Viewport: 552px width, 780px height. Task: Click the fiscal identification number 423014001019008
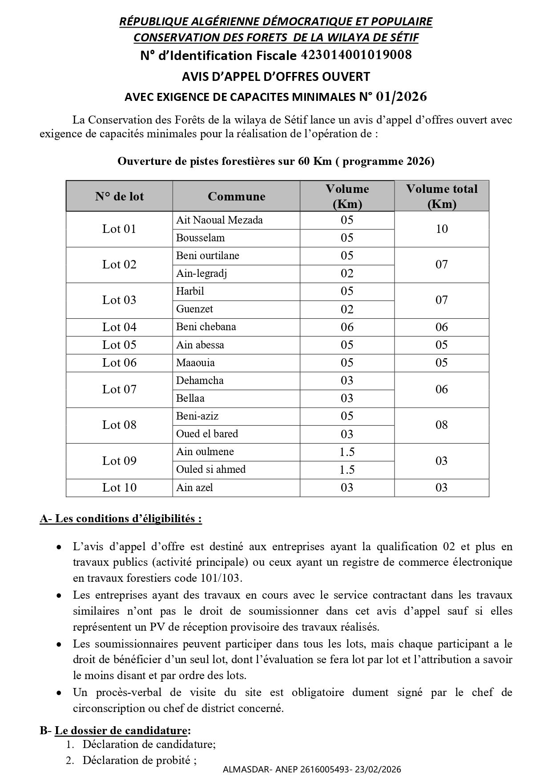[356, 55]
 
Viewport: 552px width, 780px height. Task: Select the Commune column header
[236, 196]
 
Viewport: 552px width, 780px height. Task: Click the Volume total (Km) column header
[441, 196]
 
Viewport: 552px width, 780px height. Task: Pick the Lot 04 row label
[119, 327]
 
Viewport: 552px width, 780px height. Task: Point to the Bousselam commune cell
[201, 238]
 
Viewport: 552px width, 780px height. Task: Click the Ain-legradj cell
[201, 273]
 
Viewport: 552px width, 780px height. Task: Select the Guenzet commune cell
[195, 309]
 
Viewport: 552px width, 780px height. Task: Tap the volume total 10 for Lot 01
[441, 229]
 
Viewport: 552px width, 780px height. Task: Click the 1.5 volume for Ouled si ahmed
[347, 470]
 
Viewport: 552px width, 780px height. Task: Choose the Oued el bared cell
[207, 434]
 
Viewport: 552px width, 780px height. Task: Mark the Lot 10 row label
[119, 488]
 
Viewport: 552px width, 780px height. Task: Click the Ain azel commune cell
[195, 488]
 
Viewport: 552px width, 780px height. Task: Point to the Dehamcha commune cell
[200, 380]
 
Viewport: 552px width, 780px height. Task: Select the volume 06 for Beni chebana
[347, 327]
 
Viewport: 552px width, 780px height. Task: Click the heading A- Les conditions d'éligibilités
[121, 519]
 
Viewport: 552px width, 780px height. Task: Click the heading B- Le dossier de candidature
[116, 731]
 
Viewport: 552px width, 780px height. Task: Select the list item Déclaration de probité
[139, 760]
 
